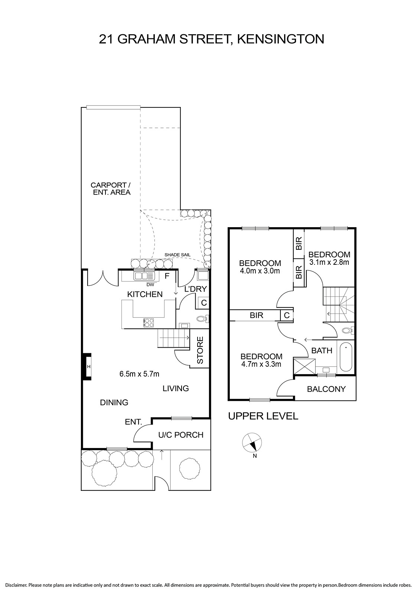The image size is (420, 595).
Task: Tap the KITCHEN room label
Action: click(145, 294)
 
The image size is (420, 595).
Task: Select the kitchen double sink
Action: click(144, 276)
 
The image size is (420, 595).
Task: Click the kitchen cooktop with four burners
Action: click(149, 322)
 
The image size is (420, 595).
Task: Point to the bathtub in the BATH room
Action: click(346, 357)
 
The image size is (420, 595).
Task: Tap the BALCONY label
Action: click(326, 389)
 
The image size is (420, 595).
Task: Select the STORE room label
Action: click(200, 350)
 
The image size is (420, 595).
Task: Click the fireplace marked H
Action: click(88, 367)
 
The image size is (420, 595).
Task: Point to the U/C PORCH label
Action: click(181, 435)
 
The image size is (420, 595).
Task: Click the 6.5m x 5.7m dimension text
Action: click(139, 374)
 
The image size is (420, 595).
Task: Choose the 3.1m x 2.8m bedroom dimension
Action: click(329, 262)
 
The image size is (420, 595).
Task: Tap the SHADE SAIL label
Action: click(177, 255)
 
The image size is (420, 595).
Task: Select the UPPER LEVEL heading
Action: click(263, 416)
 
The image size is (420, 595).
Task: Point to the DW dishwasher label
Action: click(150, 285)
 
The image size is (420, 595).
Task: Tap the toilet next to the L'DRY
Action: click(203, 318)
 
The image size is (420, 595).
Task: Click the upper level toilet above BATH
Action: click(348, 331)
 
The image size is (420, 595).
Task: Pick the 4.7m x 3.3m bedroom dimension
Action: click(261, 364)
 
